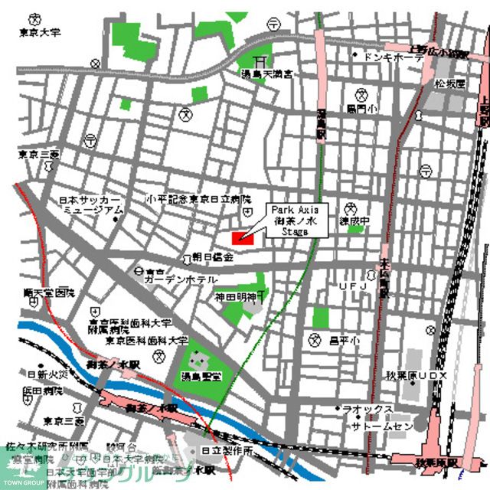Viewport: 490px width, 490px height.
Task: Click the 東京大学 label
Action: (40, 33)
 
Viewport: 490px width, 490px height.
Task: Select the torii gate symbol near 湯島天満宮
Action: (262, 58)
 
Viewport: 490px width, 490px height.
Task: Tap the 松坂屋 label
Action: (450, 83)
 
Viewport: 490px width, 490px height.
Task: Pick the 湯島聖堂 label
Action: (201, 377)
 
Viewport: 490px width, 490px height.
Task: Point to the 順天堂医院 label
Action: (50, 292)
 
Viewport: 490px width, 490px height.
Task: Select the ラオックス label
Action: (368, 410)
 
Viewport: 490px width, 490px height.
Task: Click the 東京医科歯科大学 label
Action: (146, 339)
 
